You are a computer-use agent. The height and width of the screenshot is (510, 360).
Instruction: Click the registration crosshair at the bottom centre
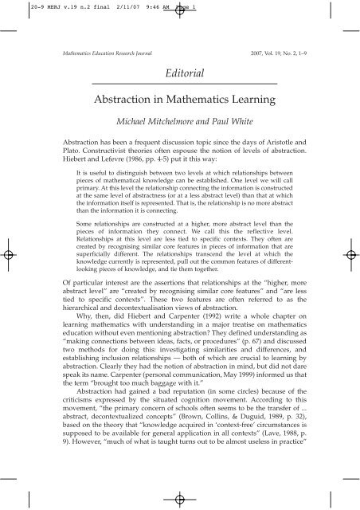click(x=181, y=497)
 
